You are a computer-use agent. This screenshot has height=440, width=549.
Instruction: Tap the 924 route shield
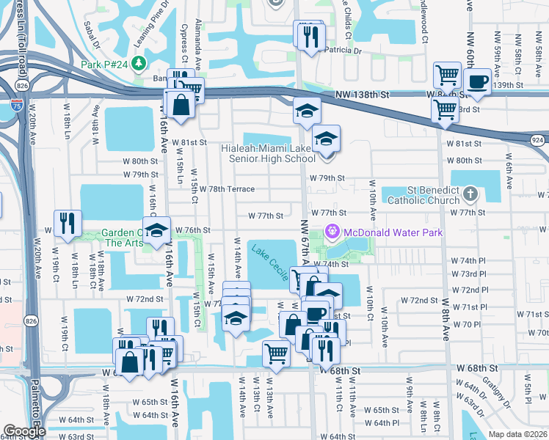[x=538, y=139]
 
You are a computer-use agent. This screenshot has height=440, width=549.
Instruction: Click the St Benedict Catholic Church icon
[x=470, y=194]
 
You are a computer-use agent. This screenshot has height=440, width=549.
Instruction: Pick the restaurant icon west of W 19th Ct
[x=68, y=222]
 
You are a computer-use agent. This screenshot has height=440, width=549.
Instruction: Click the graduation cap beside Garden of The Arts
[x=156, y=230]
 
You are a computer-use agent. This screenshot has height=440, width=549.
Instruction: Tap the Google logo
[x=24, y=431]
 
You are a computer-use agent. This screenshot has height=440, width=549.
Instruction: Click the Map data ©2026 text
[x=518, y=434]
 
